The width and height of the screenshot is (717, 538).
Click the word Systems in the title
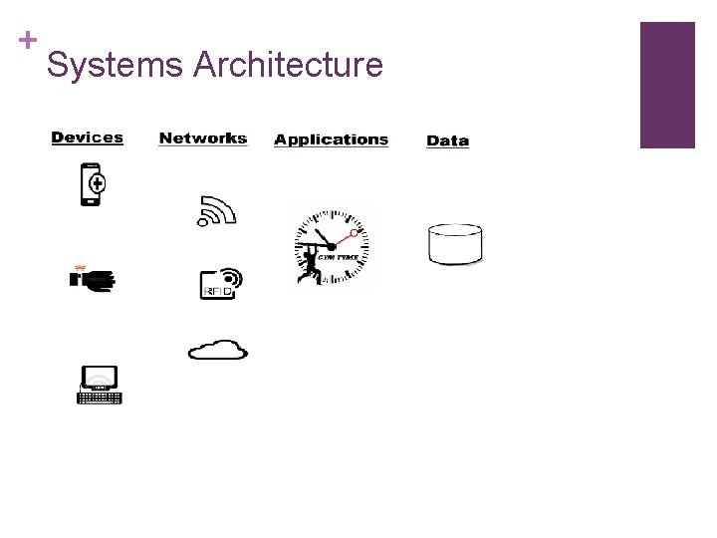point(115,66)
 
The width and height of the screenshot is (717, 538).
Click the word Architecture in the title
point(288,66)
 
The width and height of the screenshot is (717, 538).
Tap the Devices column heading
point(88,137)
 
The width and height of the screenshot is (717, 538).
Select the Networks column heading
point(203,138)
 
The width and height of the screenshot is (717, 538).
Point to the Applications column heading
point(331,139)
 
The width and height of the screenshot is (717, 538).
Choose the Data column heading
point(447,140)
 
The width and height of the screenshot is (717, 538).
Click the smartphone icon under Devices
point(92,184)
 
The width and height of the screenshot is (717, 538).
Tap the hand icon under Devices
point(93,279)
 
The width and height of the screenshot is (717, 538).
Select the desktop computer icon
point(100,385)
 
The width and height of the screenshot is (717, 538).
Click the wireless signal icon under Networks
point(215,211)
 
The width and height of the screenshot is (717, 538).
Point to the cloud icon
point(218,349)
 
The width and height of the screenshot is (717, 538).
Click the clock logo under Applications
point(332,248)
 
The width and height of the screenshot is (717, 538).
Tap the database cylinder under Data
point(455,244)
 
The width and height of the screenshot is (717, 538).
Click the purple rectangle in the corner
point(666,85)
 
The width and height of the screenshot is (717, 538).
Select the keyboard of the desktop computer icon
point(100,398)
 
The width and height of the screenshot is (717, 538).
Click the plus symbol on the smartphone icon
point(97,183)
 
